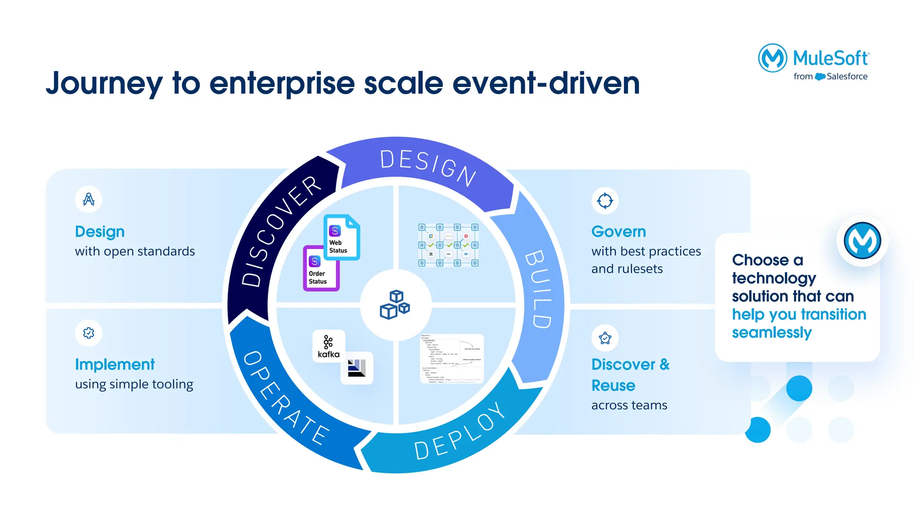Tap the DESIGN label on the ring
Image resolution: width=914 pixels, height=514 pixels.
pos(428,168)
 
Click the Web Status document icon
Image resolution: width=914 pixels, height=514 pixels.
pos(341,237)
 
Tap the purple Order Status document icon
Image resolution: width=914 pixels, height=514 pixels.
pos(320,269)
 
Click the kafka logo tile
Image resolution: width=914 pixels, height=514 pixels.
pos(328,346)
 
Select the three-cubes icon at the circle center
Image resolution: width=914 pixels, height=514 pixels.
pos(395,304)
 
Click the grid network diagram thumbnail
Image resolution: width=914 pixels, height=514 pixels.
pos(448,245)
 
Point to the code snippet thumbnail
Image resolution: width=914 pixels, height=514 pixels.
pos(452,359)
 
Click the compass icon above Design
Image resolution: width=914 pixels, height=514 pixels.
pos(89,199)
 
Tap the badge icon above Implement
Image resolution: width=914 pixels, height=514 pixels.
pos(89,333)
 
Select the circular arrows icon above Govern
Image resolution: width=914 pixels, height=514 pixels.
pos(605,201)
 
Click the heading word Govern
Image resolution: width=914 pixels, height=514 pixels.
pos(618,232)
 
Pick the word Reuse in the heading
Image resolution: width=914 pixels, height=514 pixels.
pos(613,385)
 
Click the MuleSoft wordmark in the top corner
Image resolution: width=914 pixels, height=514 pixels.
pos(831,58)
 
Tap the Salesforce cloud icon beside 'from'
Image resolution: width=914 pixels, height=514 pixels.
pos(820,77)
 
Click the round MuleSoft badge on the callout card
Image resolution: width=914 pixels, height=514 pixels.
pos(862,240)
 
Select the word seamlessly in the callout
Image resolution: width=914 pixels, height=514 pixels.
pos(771,333)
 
